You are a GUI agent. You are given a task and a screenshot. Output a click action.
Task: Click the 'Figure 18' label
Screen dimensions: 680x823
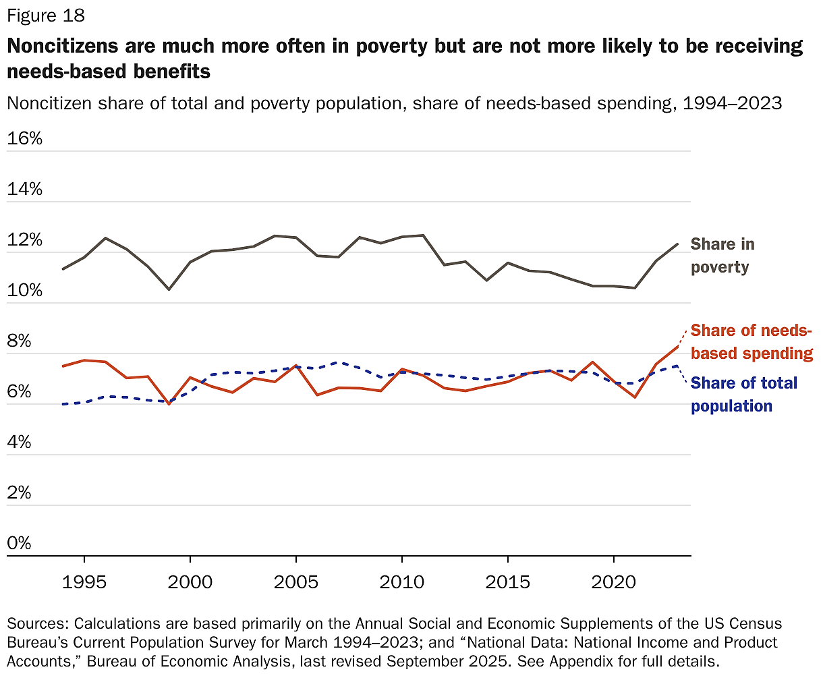[46, 16]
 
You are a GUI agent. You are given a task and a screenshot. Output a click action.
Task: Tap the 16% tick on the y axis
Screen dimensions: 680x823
[25, 139]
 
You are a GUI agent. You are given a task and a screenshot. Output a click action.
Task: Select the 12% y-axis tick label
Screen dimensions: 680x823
[25, 240]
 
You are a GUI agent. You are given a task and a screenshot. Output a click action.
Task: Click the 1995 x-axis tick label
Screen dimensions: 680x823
[84, 582]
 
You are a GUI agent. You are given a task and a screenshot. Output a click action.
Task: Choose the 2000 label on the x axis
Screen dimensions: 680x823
[190, 582]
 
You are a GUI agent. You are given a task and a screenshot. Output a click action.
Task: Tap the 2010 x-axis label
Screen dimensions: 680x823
[402, 582]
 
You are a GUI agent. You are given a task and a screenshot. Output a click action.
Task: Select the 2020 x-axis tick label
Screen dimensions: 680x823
[613, 582]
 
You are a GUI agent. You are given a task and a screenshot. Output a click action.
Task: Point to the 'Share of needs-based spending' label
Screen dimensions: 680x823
[751, 342]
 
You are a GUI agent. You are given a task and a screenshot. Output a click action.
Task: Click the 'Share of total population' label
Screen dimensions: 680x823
[744, 395]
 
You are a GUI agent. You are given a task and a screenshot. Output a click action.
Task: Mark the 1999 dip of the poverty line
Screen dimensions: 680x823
[169, 289]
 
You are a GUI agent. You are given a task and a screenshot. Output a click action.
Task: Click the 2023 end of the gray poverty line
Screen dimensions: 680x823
[677, 244]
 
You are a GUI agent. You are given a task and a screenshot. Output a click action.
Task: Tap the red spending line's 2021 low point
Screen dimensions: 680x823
[635, 397]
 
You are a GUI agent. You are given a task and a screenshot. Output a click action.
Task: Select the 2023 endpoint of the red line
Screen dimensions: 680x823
[677, 346]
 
